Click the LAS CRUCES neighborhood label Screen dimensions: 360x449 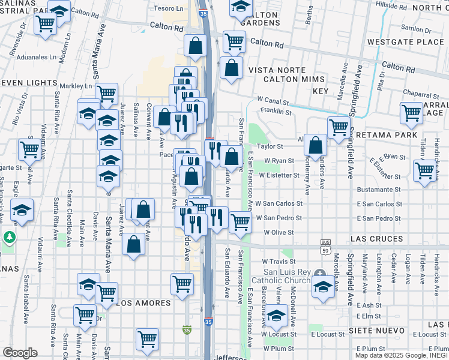pos(377,239)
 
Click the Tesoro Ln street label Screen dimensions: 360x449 pos(169,8)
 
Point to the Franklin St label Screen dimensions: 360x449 pos(276,112)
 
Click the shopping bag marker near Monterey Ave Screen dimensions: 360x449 pos(315,145)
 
